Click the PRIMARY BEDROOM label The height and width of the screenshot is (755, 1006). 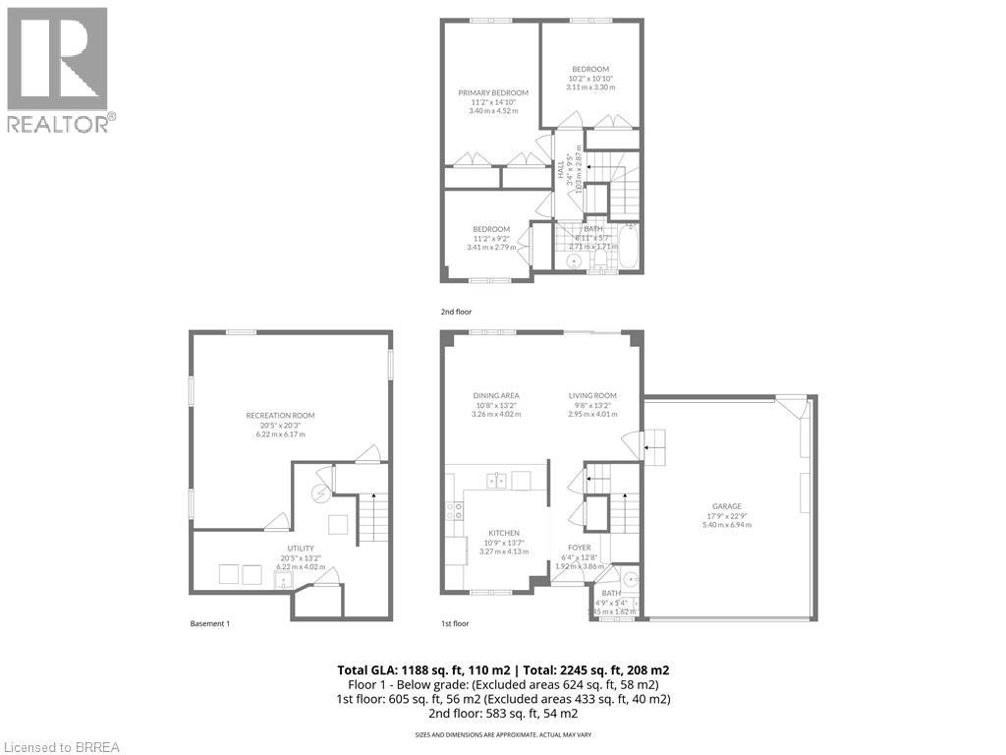pos(493,92)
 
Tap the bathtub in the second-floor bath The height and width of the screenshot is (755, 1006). pos(627,248)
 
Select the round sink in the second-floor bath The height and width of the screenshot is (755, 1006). pos(575,261)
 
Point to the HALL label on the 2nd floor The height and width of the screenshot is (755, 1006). pos(562,171)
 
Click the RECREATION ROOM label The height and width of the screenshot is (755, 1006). pos(280,415)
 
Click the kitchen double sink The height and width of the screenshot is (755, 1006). pos(498,481)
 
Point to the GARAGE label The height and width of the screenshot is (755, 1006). pos(726,506)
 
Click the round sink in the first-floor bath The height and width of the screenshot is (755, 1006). pos(629,577)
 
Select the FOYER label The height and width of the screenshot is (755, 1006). pos(579,549)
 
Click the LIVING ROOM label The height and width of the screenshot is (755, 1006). pos(591,395)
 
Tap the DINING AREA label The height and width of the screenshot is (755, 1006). pos(496,395)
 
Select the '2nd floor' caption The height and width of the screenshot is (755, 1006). pos(458,311)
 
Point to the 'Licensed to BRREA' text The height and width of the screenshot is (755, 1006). pos(61,746)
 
